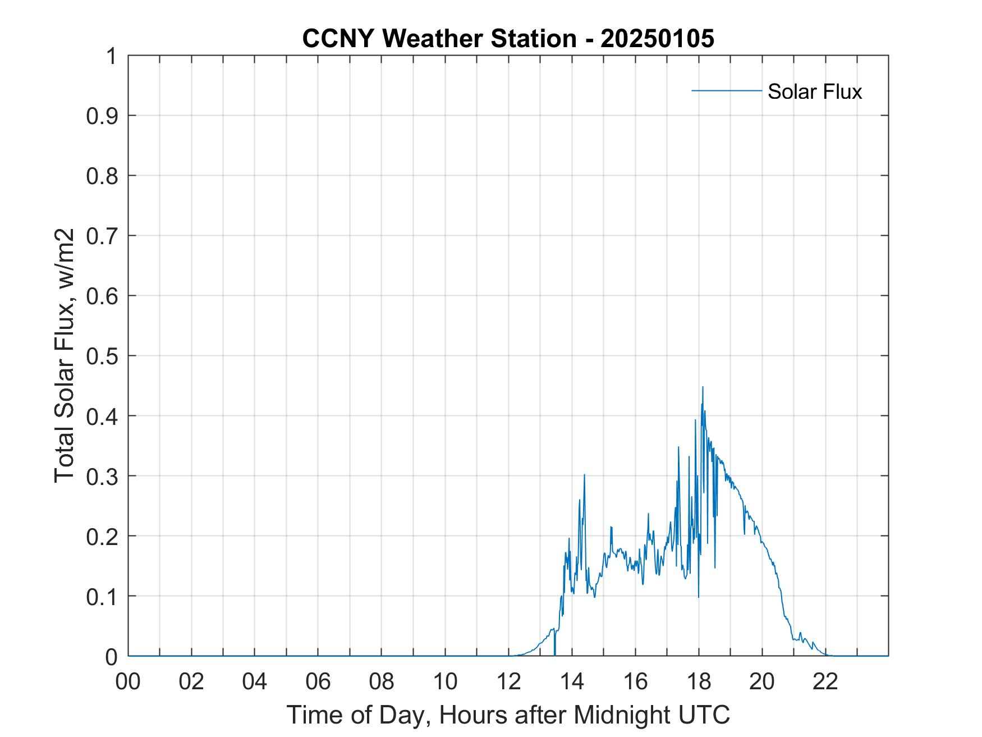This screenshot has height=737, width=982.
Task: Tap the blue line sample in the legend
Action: [x=726, y=90]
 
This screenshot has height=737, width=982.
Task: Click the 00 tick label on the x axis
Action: [x=128, y=681]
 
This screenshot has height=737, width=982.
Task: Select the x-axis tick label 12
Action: [x=508, y=681]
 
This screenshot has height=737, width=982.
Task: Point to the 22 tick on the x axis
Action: [x=825, y=681]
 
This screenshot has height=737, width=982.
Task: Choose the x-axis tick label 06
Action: [x=318, y=681]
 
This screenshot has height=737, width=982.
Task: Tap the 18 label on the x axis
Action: [x=699, y=681]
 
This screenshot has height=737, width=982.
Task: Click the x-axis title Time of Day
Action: [x=508, y=715]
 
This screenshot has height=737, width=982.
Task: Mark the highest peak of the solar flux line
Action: [x=703, y=387]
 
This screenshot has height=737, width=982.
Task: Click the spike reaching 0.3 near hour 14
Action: [x=584, y=475]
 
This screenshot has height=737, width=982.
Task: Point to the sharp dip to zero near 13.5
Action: [x=554, y=651]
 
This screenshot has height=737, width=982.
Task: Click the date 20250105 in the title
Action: [x=657, y=39]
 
